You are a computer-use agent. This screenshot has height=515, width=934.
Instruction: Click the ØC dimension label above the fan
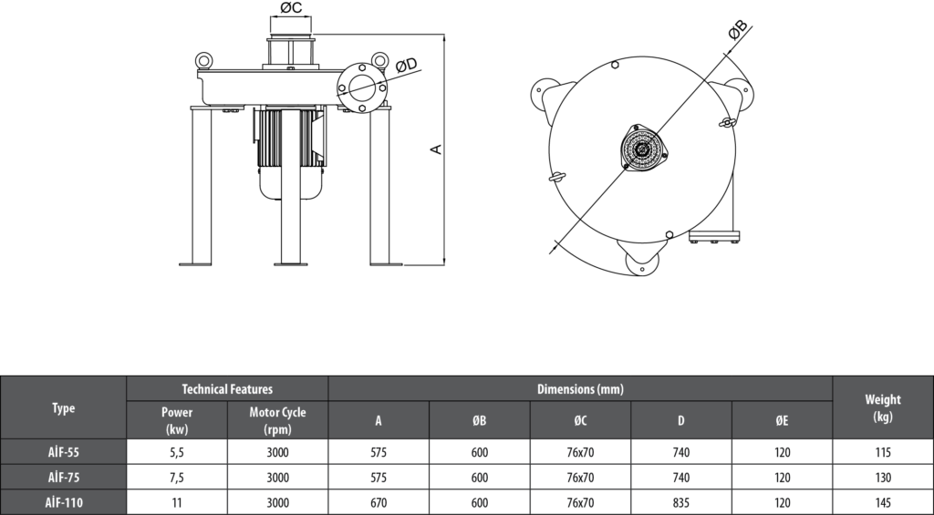(x=291, y=8)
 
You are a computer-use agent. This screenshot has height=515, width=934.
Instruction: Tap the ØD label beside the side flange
(x=406, y=65)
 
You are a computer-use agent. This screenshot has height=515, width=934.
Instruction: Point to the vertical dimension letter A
(x=437, y=148)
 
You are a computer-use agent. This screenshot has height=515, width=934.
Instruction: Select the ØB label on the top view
(x=738, y=30)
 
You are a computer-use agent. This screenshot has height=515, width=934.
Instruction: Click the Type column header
(x=63, y=407)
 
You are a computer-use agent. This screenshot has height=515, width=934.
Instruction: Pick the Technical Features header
(x=227, y=389)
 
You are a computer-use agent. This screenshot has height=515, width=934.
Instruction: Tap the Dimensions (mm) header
(x=580, y=389)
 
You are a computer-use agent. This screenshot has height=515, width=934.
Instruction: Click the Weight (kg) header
(x=882, y=407)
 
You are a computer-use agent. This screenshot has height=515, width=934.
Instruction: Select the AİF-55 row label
(x=63, y=452)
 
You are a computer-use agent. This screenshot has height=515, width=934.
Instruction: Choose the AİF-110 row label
(x=63, y=502)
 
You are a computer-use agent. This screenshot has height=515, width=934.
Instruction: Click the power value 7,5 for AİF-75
(x=176, y=478)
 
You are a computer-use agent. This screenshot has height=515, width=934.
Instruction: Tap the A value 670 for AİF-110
(x=379, y=502)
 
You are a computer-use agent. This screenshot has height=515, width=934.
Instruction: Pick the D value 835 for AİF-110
(x=680, y=502)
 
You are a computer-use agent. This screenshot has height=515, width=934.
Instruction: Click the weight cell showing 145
(x=882, y=502)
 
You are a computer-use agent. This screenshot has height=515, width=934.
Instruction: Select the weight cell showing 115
(x=882, y=452)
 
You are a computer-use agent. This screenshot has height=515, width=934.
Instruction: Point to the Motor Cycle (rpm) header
(x=277, y=420)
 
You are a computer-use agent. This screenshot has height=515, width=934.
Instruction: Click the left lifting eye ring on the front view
(x=203, y=60)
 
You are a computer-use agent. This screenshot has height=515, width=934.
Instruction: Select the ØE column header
(x=782, y=420)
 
